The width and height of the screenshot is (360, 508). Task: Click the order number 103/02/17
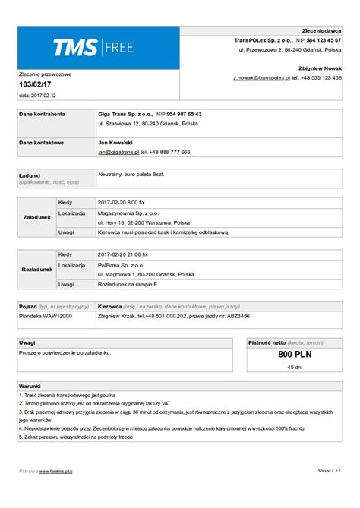(35, 85)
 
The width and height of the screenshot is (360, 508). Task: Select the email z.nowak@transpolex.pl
(262, 77)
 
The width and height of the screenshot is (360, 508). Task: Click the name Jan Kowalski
(115, 142)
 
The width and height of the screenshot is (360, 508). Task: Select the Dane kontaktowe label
(41, 142)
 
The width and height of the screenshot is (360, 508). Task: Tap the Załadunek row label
(37, 217)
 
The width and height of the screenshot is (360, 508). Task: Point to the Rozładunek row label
(37, 269)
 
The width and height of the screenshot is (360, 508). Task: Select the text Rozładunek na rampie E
(128, 284)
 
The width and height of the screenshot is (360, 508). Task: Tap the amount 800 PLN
(295, 354)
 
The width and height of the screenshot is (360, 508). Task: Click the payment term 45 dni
(295, 367)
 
